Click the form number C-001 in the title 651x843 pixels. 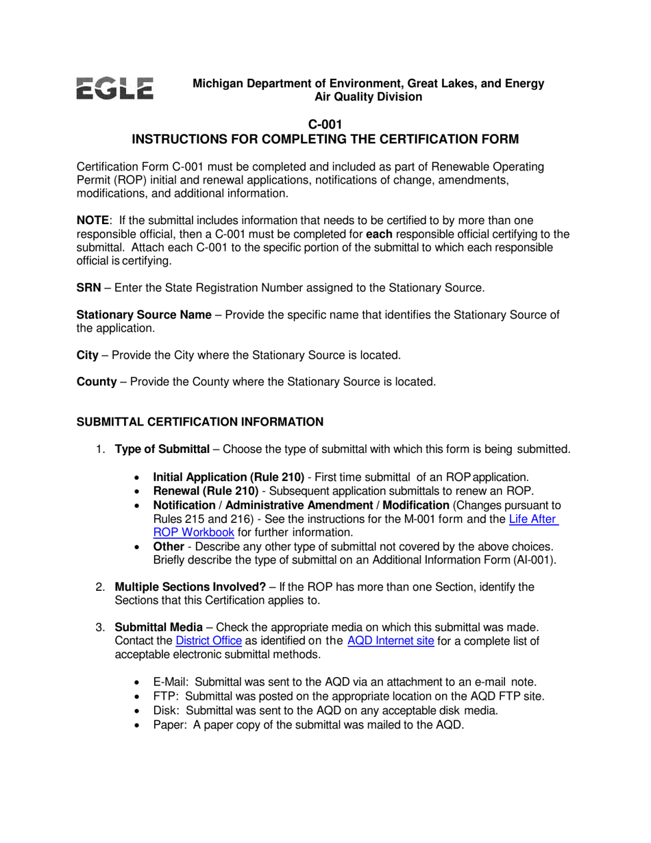[325, 125]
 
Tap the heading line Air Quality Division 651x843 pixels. [368, 97]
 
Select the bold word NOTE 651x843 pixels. [93, 221]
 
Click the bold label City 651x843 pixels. [87, 356]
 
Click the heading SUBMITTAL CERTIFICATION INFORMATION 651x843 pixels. [199, 422]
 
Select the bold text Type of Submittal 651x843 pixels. [162, 450]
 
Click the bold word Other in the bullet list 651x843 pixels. [168, 546]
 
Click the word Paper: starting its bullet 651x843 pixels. [170, 724]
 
